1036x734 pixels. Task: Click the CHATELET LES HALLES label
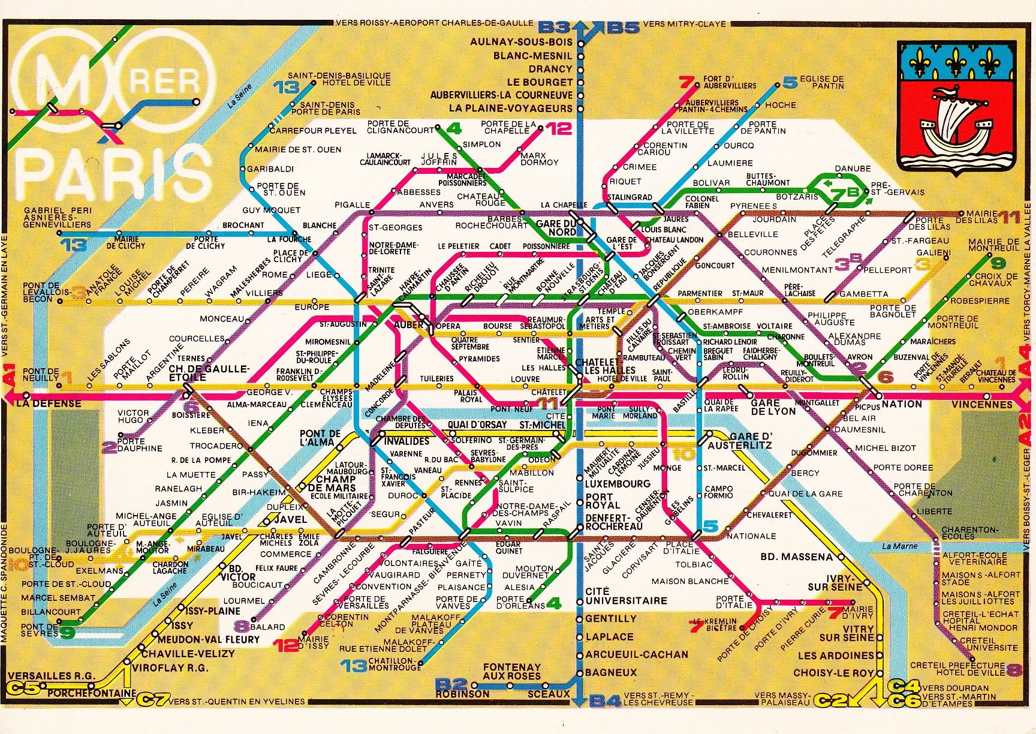pyautogui.click(x=597, y=366)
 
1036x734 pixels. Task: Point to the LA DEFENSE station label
pyautogui.click(x=40, y=404)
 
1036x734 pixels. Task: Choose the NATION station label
pyautogui.click(x=902, y=404)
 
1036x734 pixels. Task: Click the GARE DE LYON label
pyautogui.click(x=773, y=407)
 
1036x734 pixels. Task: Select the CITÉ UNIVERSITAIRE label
pyautogui.click(x=626, y=595)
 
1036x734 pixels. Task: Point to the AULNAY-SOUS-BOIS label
pyautogui.click(x=522, y=42)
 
